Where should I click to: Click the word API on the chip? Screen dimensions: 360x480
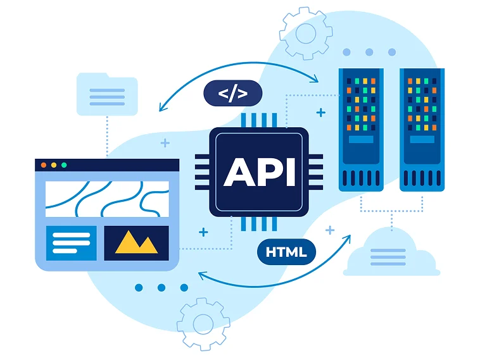259,171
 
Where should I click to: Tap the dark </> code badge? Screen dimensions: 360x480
232,94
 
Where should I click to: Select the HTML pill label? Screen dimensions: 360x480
286,252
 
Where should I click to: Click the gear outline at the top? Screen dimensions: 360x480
306,32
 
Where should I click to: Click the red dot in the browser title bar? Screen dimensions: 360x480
44,165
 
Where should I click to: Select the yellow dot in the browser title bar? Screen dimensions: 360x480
54,165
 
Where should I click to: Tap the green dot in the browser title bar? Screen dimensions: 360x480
64,165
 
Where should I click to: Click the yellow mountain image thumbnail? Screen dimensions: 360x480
136,243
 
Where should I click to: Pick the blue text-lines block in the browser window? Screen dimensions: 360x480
71,243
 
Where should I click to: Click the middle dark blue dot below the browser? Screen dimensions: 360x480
161,288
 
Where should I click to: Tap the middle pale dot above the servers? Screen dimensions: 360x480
369,53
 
